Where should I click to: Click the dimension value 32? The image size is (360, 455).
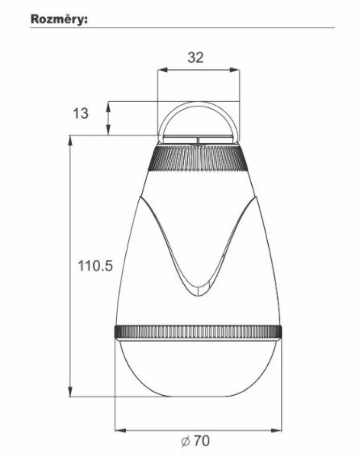196,58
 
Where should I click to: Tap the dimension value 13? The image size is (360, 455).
81,113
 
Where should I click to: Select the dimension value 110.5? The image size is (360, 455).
95,266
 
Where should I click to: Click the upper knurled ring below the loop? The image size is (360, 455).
198,159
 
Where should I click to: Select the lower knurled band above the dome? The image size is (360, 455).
198,331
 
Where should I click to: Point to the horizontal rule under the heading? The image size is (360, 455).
183,28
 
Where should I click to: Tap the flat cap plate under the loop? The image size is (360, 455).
198,139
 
